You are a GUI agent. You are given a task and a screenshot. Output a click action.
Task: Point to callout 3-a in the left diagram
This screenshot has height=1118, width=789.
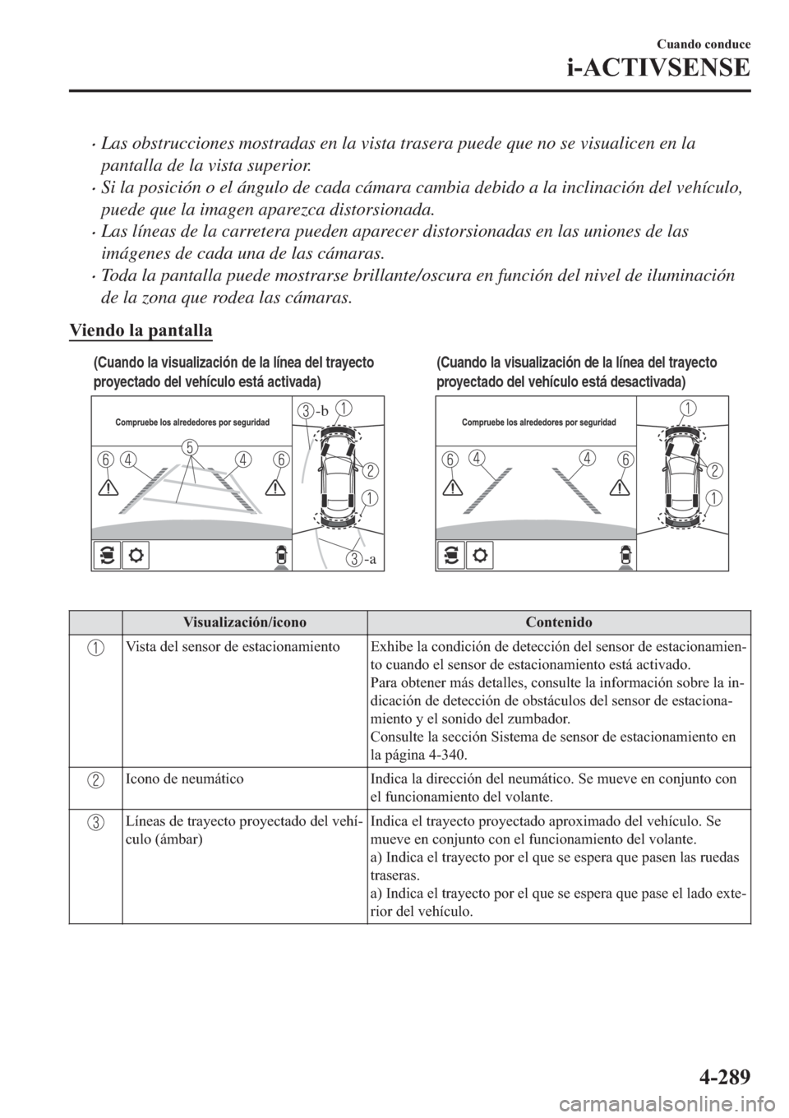361,560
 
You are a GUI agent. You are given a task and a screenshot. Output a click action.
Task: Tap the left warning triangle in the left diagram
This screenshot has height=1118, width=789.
107,485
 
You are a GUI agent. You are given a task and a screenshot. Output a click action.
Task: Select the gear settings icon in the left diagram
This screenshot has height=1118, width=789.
135,555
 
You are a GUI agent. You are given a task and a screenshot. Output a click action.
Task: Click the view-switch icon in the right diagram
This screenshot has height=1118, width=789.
451,555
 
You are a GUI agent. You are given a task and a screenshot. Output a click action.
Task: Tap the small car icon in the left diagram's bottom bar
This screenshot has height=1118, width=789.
280,555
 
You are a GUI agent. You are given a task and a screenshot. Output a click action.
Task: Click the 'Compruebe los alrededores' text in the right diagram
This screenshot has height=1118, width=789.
539,422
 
